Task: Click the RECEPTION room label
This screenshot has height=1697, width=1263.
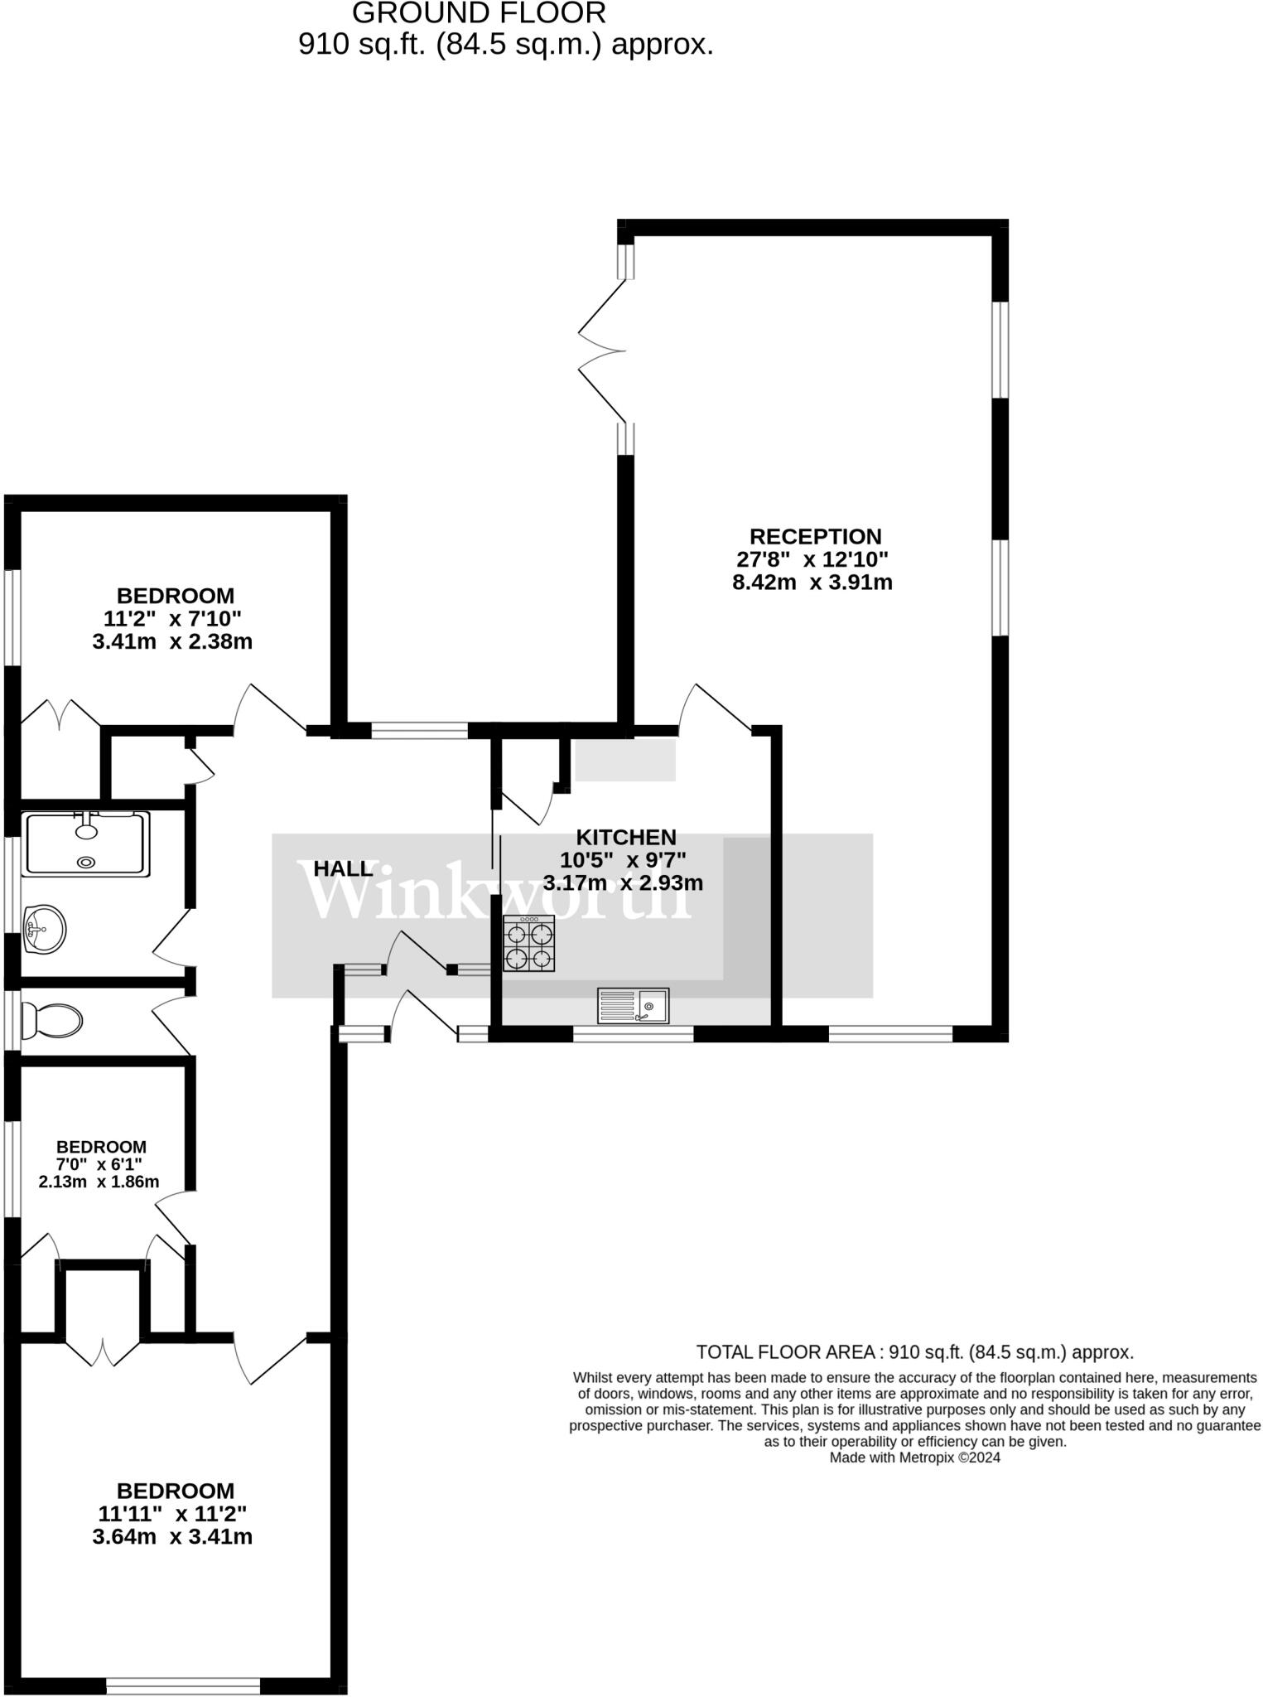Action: [x=815, y=536]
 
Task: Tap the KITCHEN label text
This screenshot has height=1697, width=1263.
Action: [x=626, y=837]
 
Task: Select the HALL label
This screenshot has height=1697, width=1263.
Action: [x=343, y=868]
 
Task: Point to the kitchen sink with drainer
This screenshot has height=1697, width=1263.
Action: [x=633, y=1006]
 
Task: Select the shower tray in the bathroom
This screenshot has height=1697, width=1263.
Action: [x=86, y=844]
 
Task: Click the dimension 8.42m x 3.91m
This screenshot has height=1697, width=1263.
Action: [x=812, y=583]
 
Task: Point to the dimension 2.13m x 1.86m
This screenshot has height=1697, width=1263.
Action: [x=99, y=1182]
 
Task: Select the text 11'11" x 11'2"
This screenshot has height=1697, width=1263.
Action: [x=172, y=1513]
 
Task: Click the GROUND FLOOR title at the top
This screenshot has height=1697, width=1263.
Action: [x=479, y=13]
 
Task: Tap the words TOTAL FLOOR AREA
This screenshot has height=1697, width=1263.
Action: [x=785, y=1353]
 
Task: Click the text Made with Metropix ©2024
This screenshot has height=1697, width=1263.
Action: [x=914, y=1458]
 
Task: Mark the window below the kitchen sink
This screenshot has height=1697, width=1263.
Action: [x=633, y=1033]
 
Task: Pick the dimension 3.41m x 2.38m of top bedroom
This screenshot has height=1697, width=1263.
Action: [x=172, y=641]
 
